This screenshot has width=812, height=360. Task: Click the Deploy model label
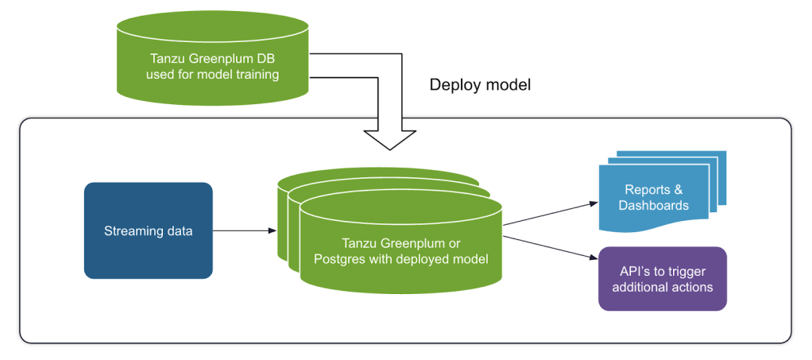click(x=480, y=85)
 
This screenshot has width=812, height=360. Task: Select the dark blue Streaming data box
click(x=148, y=230)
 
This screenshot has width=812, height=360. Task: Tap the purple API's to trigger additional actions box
click(x=662, y=278)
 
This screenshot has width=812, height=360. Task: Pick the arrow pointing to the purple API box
click(x=550, y=246)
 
